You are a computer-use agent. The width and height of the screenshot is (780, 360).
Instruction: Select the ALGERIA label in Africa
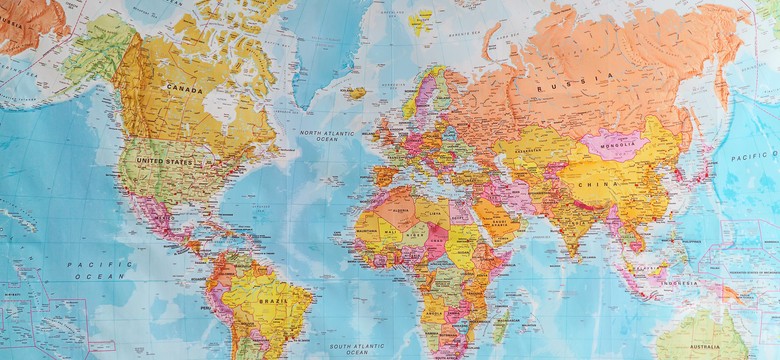(x=403, y=212)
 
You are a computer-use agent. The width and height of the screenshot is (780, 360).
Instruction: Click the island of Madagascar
(x=504, y=323)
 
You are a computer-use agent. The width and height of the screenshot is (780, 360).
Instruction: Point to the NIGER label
(x=418, y=240)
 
